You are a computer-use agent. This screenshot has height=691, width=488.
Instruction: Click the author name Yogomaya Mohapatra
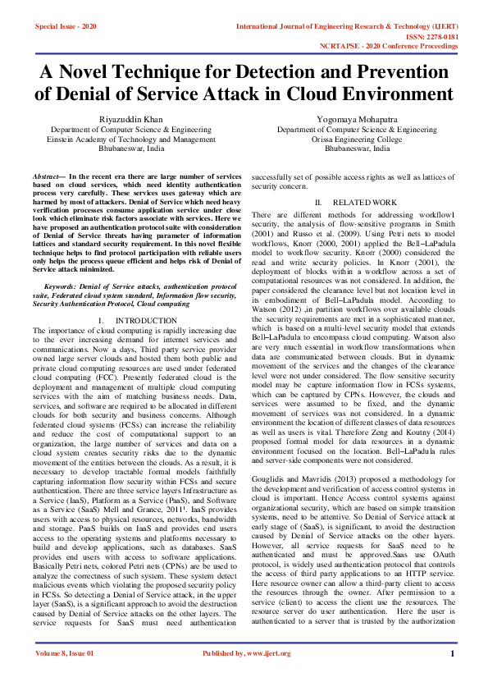click(357, 119)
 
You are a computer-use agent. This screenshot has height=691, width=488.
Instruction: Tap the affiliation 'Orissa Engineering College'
click(357, 140)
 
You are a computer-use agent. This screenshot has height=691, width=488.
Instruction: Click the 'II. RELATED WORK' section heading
click(356, 201)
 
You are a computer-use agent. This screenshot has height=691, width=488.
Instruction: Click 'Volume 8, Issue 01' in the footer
click(65, 675)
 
